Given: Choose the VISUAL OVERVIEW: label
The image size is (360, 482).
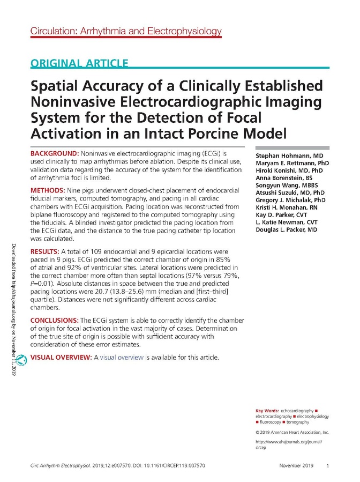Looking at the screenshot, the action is tap(61, 357).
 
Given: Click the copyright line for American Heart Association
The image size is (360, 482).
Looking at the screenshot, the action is tap(292, 432).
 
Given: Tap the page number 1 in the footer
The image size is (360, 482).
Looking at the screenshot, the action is tap(327, 466).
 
